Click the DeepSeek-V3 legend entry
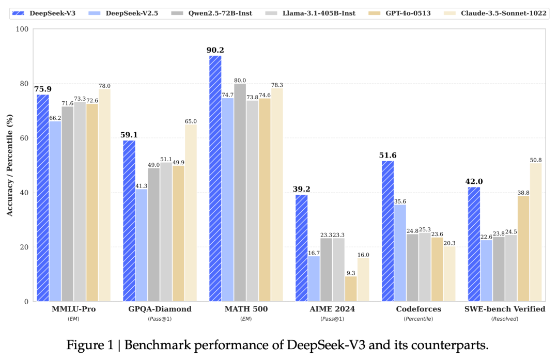pos(52,13)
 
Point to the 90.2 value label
pos(215,50)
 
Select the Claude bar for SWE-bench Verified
pos(535,232)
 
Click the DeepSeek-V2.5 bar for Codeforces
pos(400,253)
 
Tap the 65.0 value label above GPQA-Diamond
pos(191,121)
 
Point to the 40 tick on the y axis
pos(24,193)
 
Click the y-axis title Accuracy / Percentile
pos(9,165)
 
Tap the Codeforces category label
pos(418,309)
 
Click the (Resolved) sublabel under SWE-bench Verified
pos(504,319)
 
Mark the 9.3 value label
pos(351,273)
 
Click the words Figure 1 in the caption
pos(89,345)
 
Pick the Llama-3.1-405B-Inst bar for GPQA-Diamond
pos(166,231)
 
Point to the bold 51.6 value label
pos(388,155)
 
